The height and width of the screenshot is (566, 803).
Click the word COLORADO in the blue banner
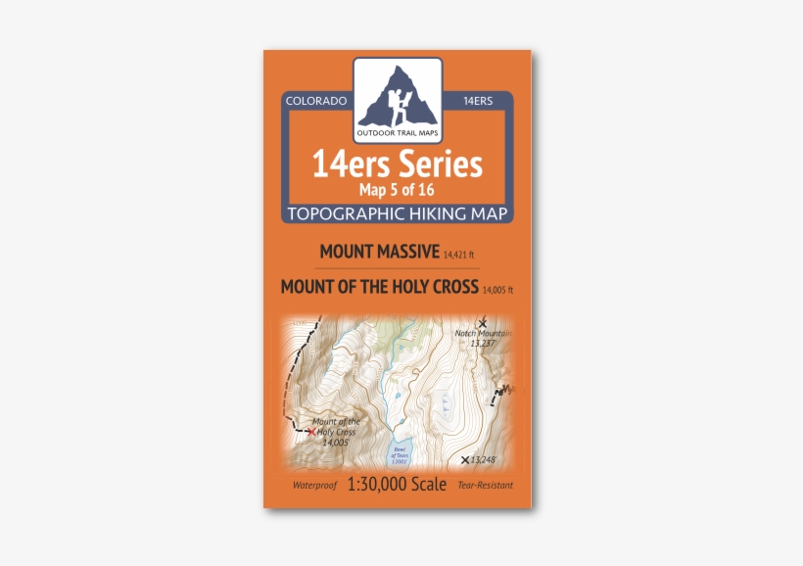[x=315, y=101]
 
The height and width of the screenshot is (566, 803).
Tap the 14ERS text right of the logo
[x=477, y=101]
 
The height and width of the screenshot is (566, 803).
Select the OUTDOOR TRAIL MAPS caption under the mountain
[x=398, y=133]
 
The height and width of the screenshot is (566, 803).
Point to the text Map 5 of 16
[x=397, y=190]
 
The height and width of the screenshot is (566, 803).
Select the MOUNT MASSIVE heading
[x=379, y=252]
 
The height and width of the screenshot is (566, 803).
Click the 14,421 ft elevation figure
[x=459, y=256]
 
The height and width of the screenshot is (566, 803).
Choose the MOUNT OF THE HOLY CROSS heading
[x=379, y=287]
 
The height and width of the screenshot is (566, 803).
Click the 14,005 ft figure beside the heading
[x=497, y=290]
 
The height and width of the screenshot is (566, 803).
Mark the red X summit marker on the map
[x=311, y=431]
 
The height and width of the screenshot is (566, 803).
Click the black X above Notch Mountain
[x=481, y=322]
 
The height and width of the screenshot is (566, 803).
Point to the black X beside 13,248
[x=465, y=459]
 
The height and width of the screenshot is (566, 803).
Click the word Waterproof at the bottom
[x=313, y=486]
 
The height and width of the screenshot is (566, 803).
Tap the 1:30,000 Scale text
[x=397, y=484]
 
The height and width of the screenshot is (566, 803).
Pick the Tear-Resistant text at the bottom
[x=485, y=486]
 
